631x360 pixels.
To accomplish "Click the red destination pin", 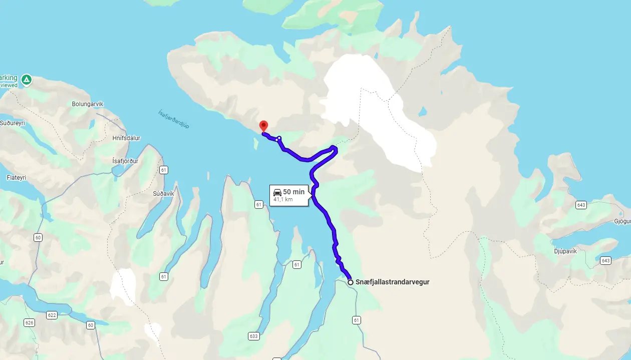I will pyautogui.click(x=263, y=126).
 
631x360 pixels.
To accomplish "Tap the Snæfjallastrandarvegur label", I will pyautogui.click(x=392, y=282).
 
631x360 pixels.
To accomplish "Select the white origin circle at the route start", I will pyautogui.click(x=351, y=282).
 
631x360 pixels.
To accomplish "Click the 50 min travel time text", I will pyautogui.click(x=293, y=192).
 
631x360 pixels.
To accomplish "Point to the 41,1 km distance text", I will pyautogui.click(x=283, y=200).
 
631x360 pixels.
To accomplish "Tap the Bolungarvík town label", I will pyautogui.click(x=88, y=104).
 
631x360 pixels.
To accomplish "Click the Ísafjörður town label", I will pyautogui.click(x=125, y=161).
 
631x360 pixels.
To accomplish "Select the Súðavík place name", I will pyautogui.click(x=163, y=193).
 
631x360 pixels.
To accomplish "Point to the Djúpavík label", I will pyautogui.click(x=566, y=251).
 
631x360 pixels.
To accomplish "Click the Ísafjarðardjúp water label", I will pyautogui.click(x=174, y=119).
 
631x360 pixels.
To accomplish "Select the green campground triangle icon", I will pyautogui.click(x=27, y=79).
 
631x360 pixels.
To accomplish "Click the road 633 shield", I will pyautogui.click(x=254, y=336).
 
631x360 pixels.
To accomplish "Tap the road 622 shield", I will pyautogui.click(x=51, y=315).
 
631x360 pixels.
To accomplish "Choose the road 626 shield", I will pyautogui.click(x=29, y=322).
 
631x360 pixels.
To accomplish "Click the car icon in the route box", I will pyautogui.click(x=277, y=192).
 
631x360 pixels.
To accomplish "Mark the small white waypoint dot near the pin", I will pyautogui.click(x=279, y=138).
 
